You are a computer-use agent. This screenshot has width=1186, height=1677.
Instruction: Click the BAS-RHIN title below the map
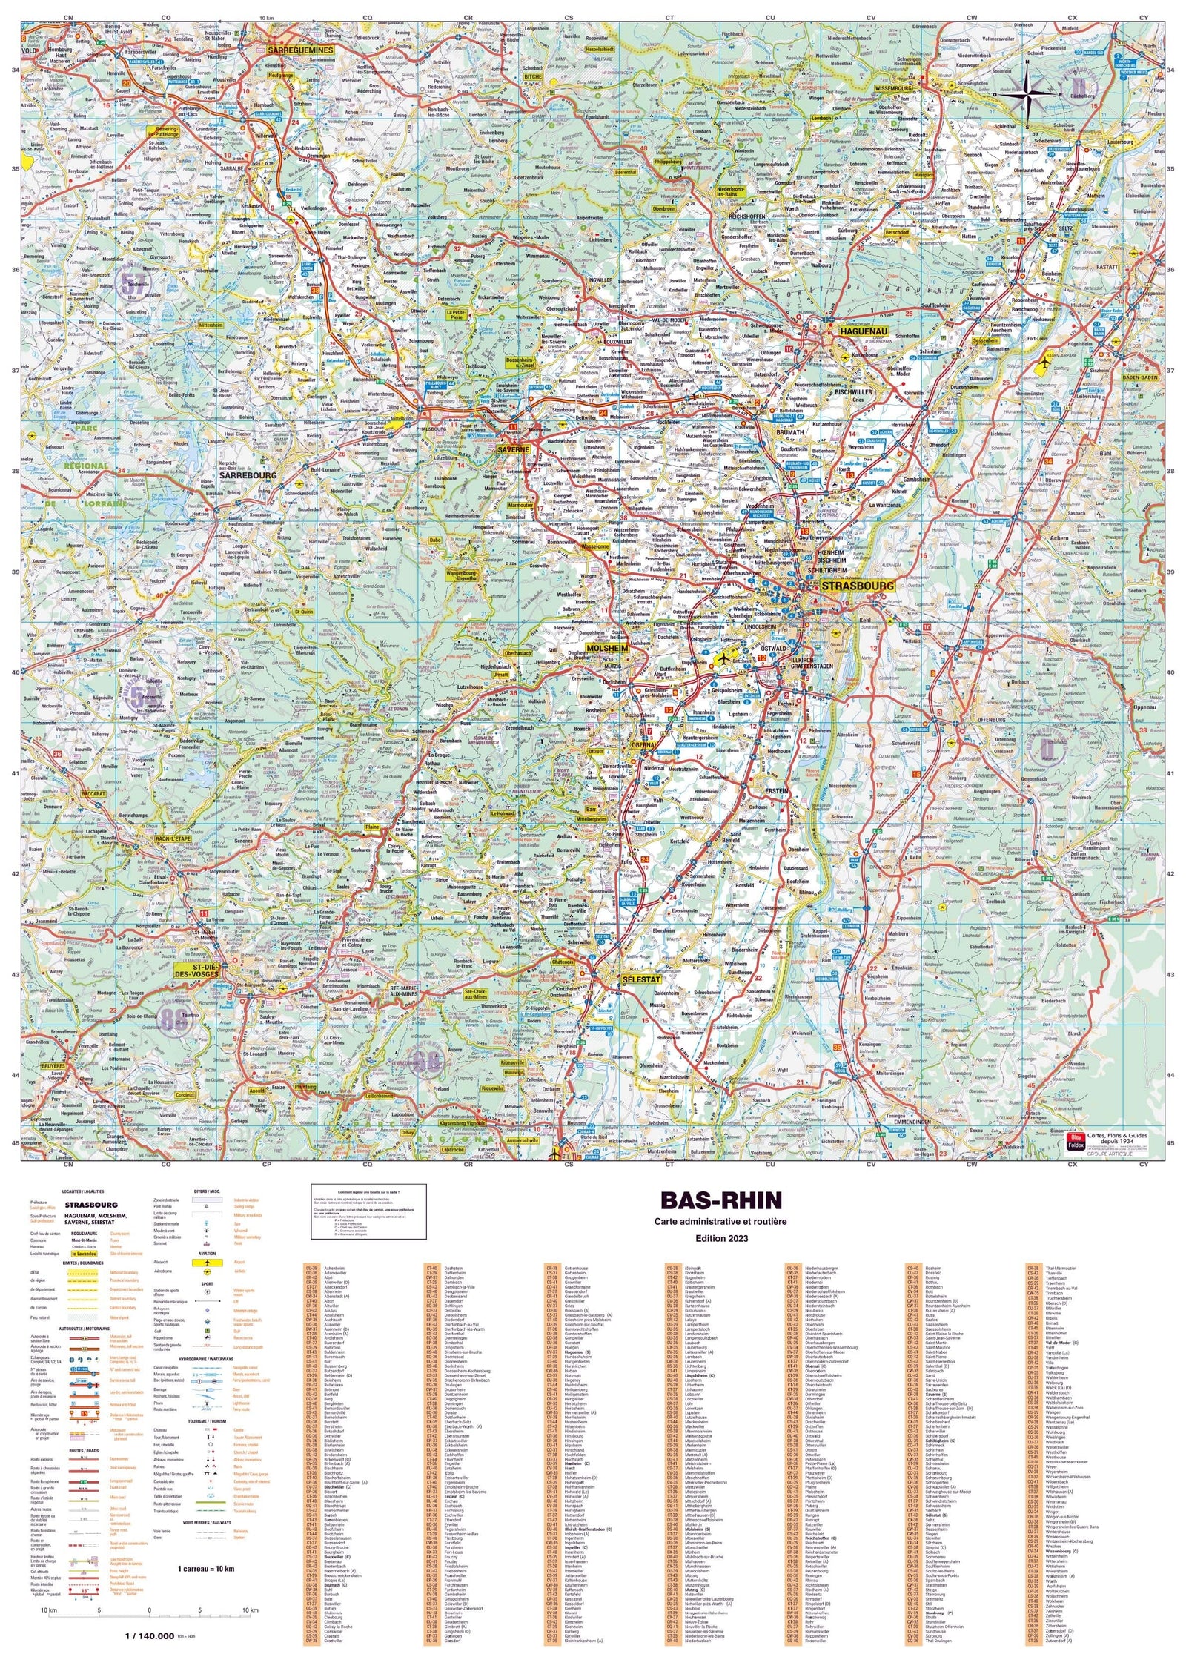[x=711, y=1200]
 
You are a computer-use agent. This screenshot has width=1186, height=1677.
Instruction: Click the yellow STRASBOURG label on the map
[x=857, y=586]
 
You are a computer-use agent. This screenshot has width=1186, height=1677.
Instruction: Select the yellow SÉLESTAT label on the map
[x=641, y=979]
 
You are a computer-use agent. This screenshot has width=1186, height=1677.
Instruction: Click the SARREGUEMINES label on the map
[x=301, y=50]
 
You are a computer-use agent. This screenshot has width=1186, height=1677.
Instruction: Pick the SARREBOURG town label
[x=246, y=475]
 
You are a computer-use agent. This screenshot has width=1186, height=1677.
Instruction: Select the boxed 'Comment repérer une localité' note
[x=368, y=1210]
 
